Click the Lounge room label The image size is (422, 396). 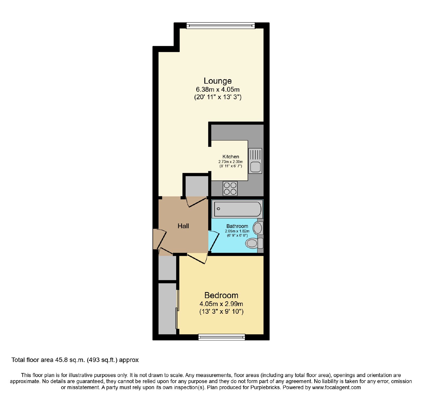pos(218,81)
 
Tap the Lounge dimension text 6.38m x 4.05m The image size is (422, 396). pos(218,89)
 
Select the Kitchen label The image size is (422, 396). pos(231,156)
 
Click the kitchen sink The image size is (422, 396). pos(255,161)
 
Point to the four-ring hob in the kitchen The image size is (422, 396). pos(230,188)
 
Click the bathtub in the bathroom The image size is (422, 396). pos(237,209)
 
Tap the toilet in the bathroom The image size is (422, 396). pos(254,243)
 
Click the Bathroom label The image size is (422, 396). pos(237,226)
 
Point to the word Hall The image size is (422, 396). pos(183,226)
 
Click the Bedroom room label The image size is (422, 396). pos(221,295)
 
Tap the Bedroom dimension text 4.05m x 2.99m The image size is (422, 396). pos(221,304)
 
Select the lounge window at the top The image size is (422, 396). pos(221,26)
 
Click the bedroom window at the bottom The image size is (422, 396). pos(222,337)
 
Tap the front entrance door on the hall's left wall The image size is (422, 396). pos(160,239)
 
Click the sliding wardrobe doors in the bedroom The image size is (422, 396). pos(177,309)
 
